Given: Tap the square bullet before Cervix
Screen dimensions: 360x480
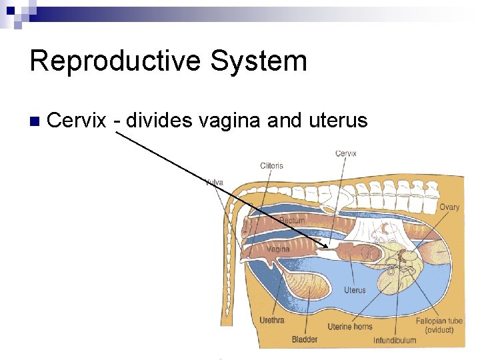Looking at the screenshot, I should coord(35,122).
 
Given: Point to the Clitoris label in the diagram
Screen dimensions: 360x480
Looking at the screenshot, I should coord(271,165).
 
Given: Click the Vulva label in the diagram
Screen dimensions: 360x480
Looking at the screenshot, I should coord(214,181).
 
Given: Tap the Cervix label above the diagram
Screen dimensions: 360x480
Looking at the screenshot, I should coord(345,153).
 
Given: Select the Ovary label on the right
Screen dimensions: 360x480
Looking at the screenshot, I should coord(449,207).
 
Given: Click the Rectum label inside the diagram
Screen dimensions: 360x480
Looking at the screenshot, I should coord(292,220).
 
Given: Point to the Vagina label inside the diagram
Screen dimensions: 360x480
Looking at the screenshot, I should coord(278,249).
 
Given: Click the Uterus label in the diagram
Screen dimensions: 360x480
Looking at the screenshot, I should coord(355,290).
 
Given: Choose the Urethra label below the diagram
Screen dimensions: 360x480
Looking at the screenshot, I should coord(272,320).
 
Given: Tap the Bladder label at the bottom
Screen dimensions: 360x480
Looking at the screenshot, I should coord(305,339).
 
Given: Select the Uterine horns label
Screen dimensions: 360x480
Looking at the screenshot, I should coord(350,327).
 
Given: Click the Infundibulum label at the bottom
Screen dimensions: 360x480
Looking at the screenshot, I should coord(395,340).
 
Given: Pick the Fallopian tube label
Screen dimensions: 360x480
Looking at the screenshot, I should coord(439,321).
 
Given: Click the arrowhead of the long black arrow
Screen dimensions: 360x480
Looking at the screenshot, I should coord(325,246).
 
